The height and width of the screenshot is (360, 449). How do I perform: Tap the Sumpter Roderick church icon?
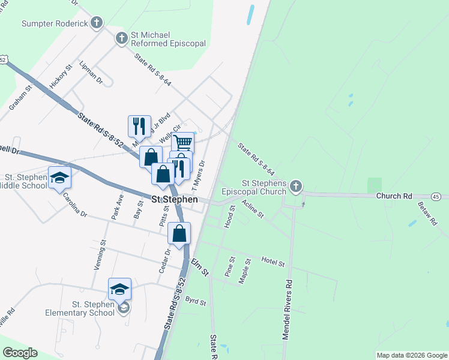[97, 23]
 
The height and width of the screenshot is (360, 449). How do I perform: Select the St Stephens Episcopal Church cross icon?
[295, 187]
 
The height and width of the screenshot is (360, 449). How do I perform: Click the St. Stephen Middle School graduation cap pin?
[59, 178]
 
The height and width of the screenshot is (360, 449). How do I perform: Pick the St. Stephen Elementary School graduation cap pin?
[119, 289]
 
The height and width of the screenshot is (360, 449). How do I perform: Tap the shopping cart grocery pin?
[183, 143]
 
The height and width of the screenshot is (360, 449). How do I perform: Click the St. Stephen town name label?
[175, 199]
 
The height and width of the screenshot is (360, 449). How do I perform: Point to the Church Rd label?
[394, 196]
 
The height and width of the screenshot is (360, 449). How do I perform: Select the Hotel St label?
[273, 260]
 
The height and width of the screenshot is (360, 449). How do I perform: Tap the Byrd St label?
[196, 299]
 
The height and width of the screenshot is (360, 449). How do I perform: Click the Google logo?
[20, 353]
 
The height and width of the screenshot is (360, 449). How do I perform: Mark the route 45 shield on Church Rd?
[436, 196]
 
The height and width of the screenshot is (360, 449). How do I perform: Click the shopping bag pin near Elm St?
[179, 233]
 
